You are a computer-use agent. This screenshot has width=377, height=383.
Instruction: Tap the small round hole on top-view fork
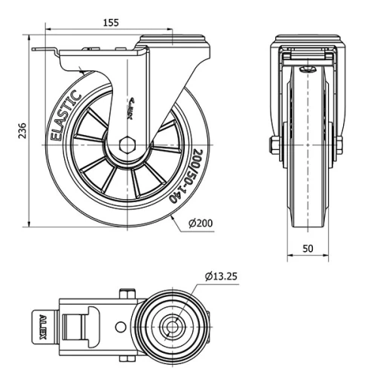(120, 327)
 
